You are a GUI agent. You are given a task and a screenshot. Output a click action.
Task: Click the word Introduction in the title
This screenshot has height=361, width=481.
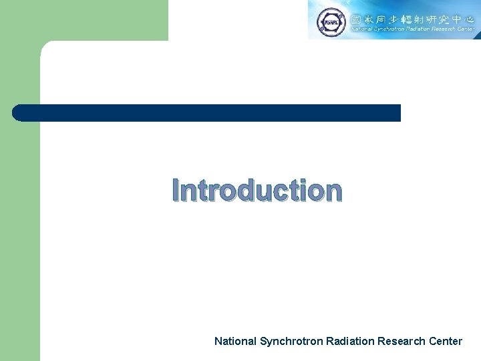pos(257,191)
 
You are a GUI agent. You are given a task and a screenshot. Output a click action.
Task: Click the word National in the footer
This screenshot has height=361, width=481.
pos(234,341)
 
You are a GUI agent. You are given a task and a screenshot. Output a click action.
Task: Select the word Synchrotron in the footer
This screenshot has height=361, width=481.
pos(291,341)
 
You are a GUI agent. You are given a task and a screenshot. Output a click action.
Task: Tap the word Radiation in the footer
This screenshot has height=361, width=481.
pos(350,341)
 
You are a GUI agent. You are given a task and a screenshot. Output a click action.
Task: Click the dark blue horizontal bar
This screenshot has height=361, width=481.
pos(207,113)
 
